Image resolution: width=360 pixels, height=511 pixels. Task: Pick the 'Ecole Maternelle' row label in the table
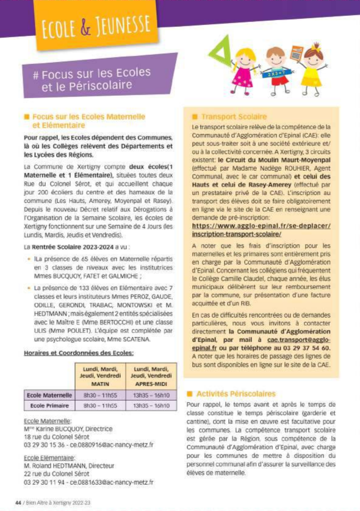click(49, 395)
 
